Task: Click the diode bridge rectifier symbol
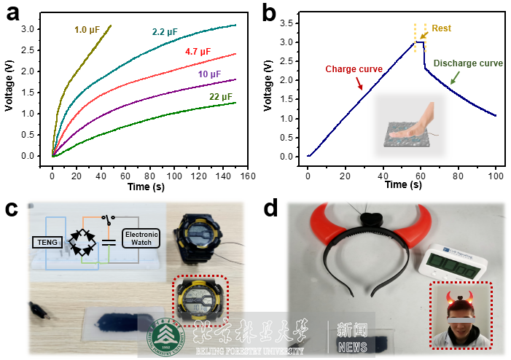82,240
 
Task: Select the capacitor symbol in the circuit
110,241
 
